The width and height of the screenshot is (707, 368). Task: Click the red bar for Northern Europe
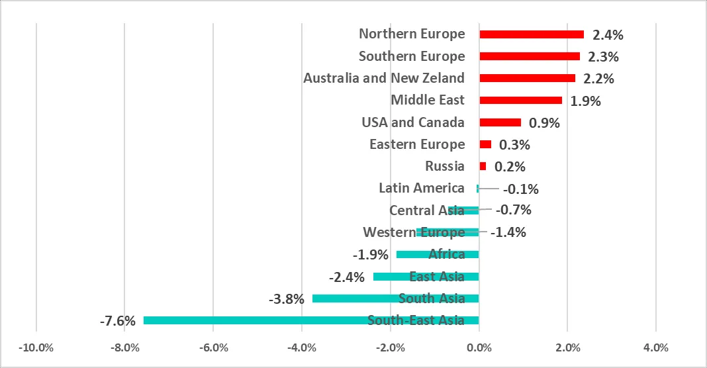(x=532, y=34)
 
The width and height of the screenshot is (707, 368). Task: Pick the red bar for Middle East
(x=520, y=100)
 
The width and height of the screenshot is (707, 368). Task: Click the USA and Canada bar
(x=500, y=122)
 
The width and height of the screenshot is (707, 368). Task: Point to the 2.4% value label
(x=608, y=34)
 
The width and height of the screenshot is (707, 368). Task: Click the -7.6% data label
(x=118, y=321)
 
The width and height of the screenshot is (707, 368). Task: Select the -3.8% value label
(x=287, y=299)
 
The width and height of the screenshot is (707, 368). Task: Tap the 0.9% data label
(x=544, y=123)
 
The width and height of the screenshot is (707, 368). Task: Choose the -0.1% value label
(x=521, y=189)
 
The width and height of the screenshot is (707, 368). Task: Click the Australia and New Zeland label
(x=384, y=78)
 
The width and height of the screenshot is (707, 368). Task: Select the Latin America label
(x=421, y=188)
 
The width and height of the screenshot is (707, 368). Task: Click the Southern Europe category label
(x=412, y=56)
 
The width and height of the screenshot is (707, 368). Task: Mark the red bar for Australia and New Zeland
(x=527, y=78)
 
